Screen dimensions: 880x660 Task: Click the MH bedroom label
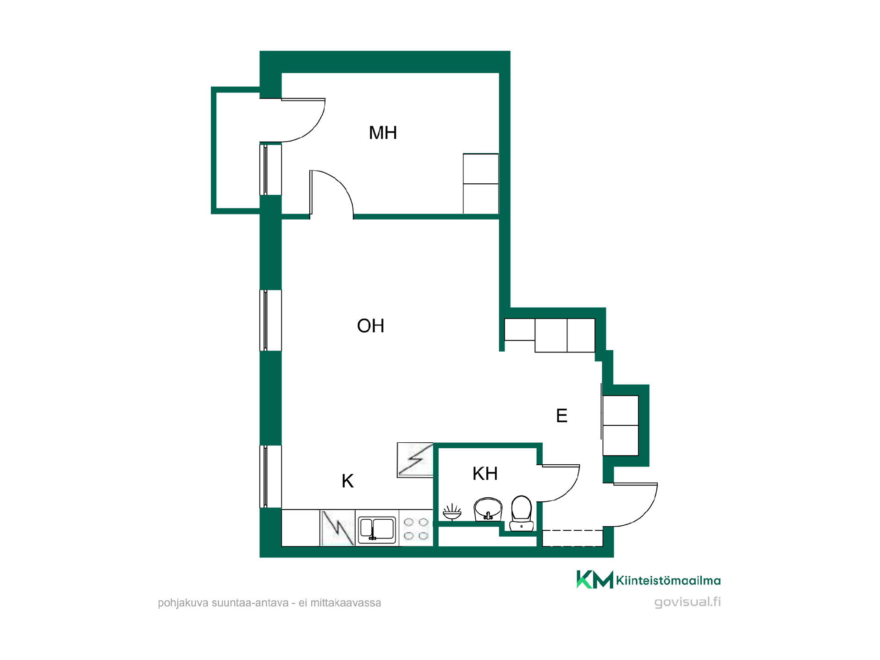coord(383,133)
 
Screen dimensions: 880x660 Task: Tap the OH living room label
coord(370,326)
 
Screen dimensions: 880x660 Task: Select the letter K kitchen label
coord(347,481)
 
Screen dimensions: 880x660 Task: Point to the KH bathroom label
coord(485,473)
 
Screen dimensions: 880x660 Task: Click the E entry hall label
coord(561,416)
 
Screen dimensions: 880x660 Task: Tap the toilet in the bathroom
coord(522,513)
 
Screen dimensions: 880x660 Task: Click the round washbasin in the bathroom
coord(488,509)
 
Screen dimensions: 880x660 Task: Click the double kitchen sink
coord(377,530)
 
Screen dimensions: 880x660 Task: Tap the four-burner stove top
coord(416,528)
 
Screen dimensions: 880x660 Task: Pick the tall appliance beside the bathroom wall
coord(415,460)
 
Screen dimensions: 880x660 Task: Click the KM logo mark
coord(594,579)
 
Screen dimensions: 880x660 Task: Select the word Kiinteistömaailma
coord(668,581)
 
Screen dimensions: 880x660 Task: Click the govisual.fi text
coord(687,602)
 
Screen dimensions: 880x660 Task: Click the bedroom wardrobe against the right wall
coord(481,184)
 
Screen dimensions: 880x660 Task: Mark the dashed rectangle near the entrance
coord(572,538)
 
